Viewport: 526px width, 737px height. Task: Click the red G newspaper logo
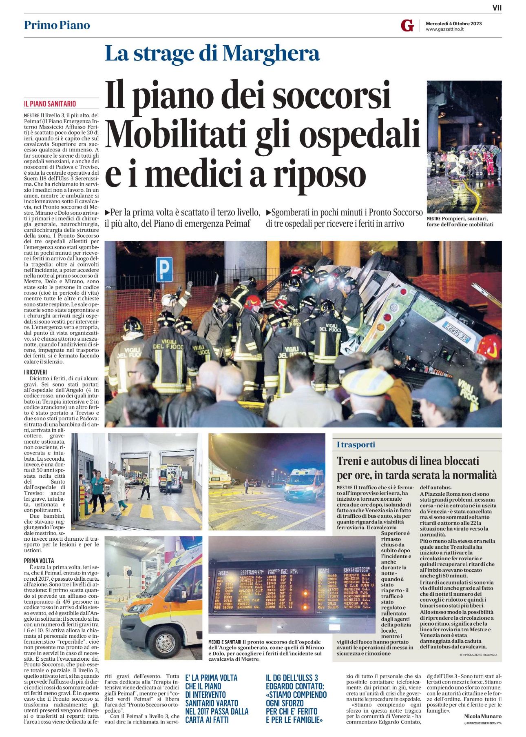coord(407,25)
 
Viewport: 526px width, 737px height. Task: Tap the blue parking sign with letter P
coord(164,270)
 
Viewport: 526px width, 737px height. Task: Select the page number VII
coord(497,7)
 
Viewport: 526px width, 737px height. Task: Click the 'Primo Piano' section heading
coord(57,25)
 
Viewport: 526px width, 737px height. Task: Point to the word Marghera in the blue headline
coord(271,53)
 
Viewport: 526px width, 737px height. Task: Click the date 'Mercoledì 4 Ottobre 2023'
coord(453,23)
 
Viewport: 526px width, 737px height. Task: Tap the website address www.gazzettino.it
coord(444,29)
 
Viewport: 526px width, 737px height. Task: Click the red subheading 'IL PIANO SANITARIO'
coord(50,104)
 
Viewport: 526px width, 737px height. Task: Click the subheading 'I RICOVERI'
coord(35,372)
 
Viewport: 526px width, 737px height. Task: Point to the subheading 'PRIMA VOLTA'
coord(39,561)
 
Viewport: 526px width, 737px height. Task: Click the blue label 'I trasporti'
coord(356,445)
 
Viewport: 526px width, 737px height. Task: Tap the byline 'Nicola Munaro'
coord(482,716)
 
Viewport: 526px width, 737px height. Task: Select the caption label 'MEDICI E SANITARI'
coord(224,642)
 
